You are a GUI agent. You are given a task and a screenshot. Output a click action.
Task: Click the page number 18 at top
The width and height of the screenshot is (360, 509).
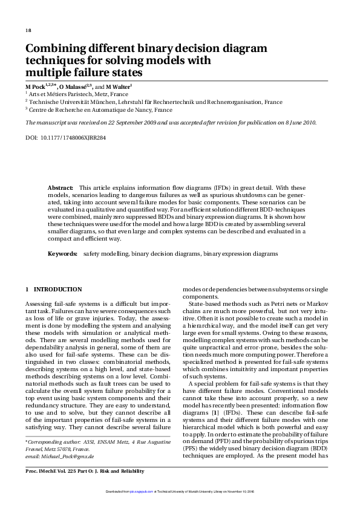pos(28,30)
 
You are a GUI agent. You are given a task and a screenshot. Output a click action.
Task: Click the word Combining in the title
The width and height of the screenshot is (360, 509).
pos(54,49)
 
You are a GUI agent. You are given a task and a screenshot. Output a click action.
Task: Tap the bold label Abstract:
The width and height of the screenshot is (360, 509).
pos(61,188)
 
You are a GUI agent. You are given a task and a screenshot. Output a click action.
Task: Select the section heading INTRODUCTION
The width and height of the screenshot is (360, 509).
pos(58,290)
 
